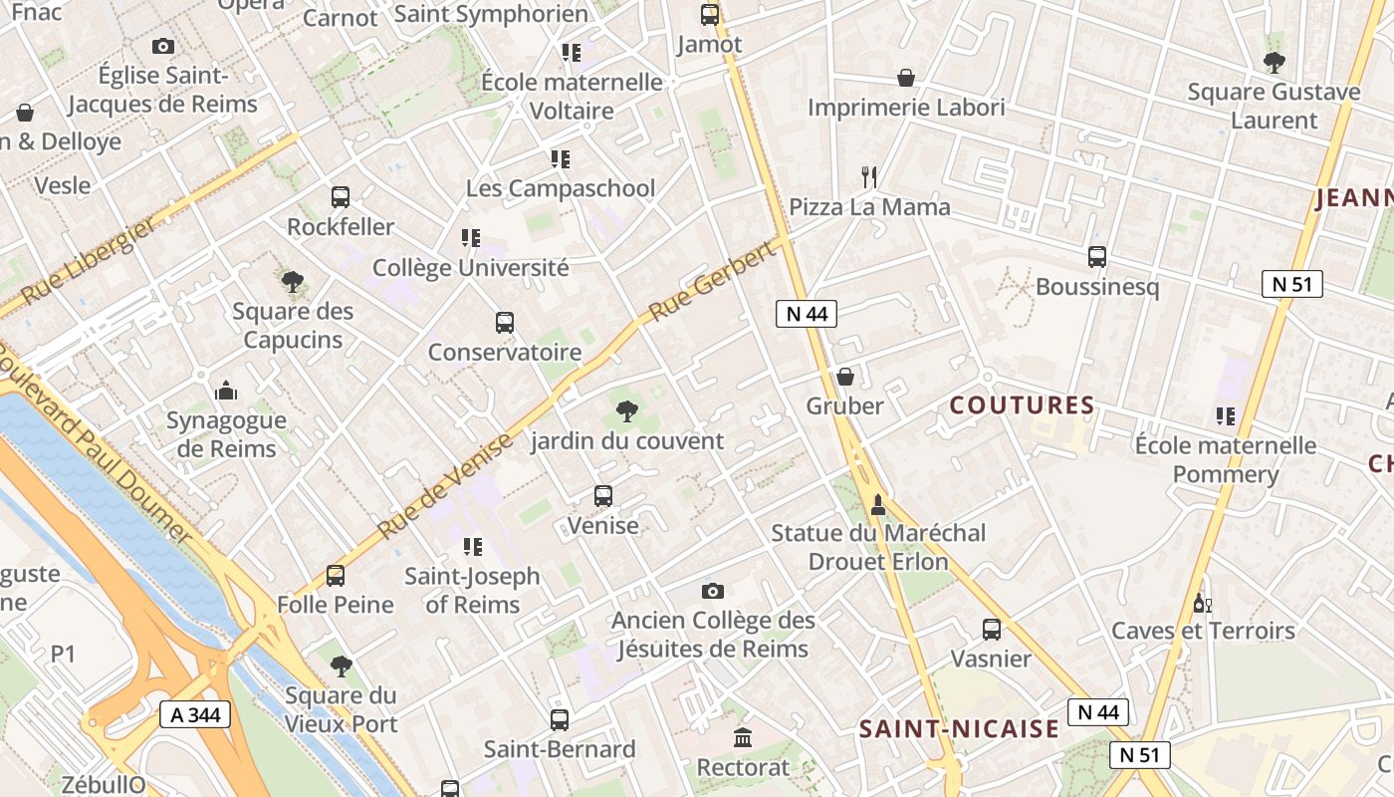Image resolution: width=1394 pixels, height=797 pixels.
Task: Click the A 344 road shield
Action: click(x=195, y=714)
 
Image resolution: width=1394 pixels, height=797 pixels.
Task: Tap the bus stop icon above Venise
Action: click(x=602, y=496)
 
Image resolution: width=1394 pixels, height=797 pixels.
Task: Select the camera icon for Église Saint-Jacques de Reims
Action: click(x=163, y=46)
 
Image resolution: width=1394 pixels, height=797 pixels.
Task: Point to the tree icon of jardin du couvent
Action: click(x=626, y=410)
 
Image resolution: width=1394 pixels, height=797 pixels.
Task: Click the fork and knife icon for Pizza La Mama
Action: click(x=870, y=177)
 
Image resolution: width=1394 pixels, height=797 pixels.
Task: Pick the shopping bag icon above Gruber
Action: click(x=845, y=377)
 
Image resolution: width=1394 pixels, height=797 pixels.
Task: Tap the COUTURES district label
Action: click(x=1022, y=405)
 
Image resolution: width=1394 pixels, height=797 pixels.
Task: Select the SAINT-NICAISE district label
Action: click(x=959, y=729)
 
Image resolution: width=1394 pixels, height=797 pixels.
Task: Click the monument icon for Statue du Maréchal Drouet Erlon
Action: click(x=878, y=504)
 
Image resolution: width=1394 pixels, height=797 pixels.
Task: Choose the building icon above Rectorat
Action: click(x=743, y=738)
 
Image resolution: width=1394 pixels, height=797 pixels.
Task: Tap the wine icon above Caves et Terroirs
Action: click(x=1203, y=603)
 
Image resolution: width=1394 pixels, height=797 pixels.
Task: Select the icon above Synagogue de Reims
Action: click(x=226, y=391)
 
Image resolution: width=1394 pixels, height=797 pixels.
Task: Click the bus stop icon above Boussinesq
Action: click(x=1097, y=257)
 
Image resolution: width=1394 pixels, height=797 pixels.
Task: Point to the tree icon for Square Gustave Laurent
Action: click(x=1274, y=63)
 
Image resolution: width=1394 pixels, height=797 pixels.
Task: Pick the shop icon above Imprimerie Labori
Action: click(x=906, y=78)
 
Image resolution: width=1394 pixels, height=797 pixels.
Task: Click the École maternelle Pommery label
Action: click(x=1225, y=459)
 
